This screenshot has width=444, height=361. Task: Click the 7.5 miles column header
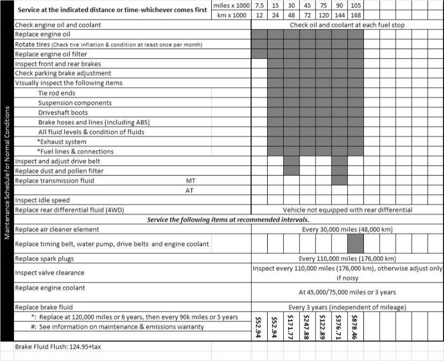[259, 5]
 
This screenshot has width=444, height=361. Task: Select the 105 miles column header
[356, 5]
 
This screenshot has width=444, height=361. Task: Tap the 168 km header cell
[356, 15]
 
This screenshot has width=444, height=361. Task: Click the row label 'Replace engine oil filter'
[51, 54]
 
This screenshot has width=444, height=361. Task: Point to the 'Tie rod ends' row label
[56, 93]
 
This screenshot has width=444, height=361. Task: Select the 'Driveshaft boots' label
[63, 112]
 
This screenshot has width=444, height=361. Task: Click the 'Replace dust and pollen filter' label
[59, 171]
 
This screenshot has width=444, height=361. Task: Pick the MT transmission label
[190, 181]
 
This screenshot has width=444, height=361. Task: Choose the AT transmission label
[190, 190]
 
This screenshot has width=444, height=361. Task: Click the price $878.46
[355, 326]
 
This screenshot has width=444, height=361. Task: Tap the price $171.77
[291, 326]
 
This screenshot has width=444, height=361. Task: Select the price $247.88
[307, 326]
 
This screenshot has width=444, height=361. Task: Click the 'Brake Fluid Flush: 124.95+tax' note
[58, 347]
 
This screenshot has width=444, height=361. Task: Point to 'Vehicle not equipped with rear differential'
[347, 210]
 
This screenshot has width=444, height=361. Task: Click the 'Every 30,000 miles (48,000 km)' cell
[347, 229]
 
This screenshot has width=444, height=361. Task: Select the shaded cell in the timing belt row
[355, 244]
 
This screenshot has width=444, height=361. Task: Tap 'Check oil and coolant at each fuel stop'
[347, 25]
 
